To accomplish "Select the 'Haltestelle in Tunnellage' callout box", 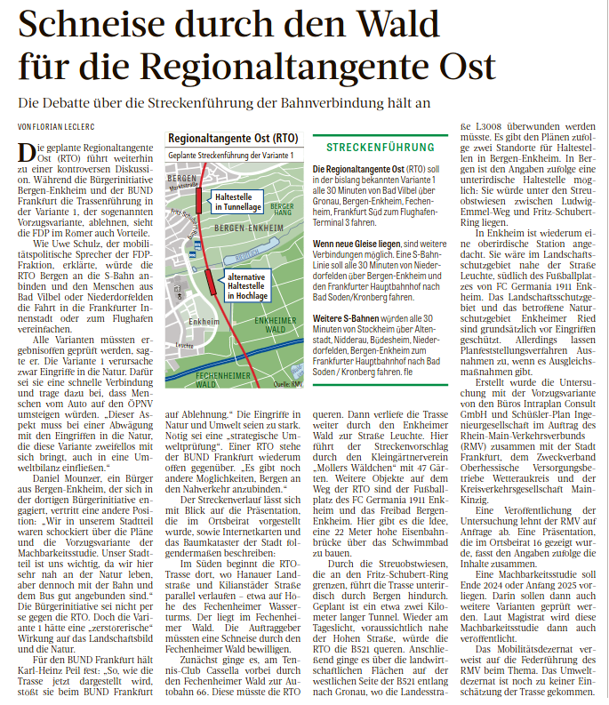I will [237, 202].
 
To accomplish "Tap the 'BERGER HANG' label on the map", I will [281, 209].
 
